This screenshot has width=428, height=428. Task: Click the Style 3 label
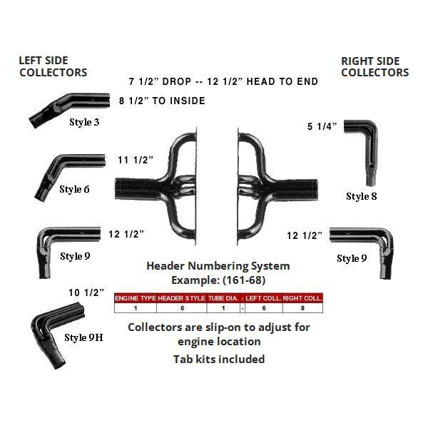tap(84, 122)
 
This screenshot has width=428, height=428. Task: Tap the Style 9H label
tap(83, 337)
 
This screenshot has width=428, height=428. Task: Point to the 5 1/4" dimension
tap(322, 126)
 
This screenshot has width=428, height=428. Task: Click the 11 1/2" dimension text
tap(136, 160)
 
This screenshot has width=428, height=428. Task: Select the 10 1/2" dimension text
tap(86, 292)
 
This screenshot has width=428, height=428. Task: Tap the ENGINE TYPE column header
tap(136, 298)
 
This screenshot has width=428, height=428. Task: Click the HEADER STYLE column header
tap(181, 298)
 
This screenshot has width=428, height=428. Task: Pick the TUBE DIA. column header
tap(223, 298)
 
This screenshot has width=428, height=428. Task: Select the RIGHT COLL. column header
tap(302, 298)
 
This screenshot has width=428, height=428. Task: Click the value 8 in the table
tap(302, 308)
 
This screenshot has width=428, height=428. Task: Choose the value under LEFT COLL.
tap(264, 308)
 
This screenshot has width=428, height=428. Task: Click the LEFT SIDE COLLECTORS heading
tap(53, 66)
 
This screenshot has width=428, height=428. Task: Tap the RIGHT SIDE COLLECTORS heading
tap(375, 66)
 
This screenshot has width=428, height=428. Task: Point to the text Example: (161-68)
tap(218, 280)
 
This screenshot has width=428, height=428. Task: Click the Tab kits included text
tap(219, 359)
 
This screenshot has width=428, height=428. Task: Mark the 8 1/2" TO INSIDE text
tap(162, 101)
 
